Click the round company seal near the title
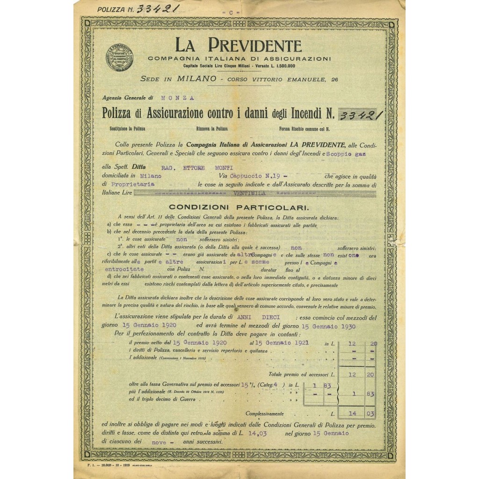coord(119,58)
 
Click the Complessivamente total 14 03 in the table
coord(360,414)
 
